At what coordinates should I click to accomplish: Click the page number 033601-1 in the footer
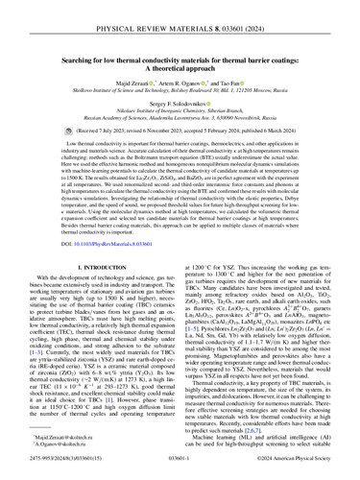coord(180,465)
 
